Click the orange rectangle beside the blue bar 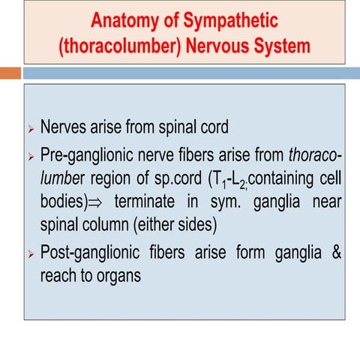[x=10, y=73]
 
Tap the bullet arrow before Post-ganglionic [x=31, y=252]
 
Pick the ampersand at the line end [x=337, y=250]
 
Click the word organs [x=118, y=274]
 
